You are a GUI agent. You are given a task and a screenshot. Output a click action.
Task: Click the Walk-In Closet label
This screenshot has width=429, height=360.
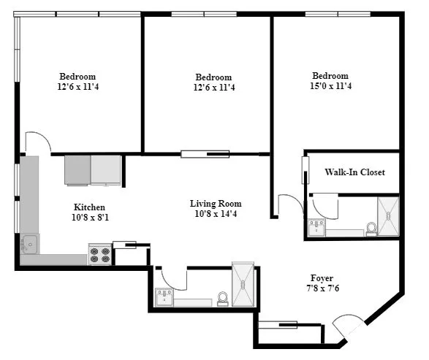354,172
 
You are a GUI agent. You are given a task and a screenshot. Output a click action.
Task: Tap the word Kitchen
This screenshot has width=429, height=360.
89,207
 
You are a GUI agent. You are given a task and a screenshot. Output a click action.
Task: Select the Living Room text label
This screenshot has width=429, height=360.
216,204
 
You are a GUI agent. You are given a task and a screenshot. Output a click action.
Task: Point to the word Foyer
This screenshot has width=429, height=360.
322,278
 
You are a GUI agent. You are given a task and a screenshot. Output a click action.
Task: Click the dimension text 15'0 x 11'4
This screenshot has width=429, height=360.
330,86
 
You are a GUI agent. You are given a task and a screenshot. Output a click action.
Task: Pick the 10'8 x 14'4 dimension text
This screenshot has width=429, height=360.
216,214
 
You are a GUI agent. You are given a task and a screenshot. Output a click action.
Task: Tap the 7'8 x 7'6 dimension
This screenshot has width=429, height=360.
322,288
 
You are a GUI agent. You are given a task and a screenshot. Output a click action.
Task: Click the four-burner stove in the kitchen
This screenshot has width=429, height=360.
99,255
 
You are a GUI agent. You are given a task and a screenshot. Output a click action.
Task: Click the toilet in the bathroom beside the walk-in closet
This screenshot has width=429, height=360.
371,229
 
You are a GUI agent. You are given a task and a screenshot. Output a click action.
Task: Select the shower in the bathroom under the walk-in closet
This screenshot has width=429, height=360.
389,217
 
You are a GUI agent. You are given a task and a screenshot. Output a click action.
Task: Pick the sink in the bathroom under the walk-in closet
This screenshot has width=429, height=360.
317,228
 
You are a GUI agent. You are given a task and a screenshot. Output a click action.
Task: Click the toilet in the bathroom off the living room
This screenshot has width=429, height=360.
223,298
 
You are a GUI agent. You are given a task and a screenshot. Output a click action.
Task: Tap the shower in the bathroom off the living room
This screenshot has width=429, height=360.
243,285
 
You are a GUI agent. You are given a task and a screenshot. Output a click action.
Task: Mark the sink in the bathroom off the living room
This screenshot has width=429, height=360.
164,298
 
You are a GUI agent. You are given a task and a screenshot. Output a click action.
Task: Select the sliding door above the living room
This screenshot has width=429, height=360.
205,154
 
